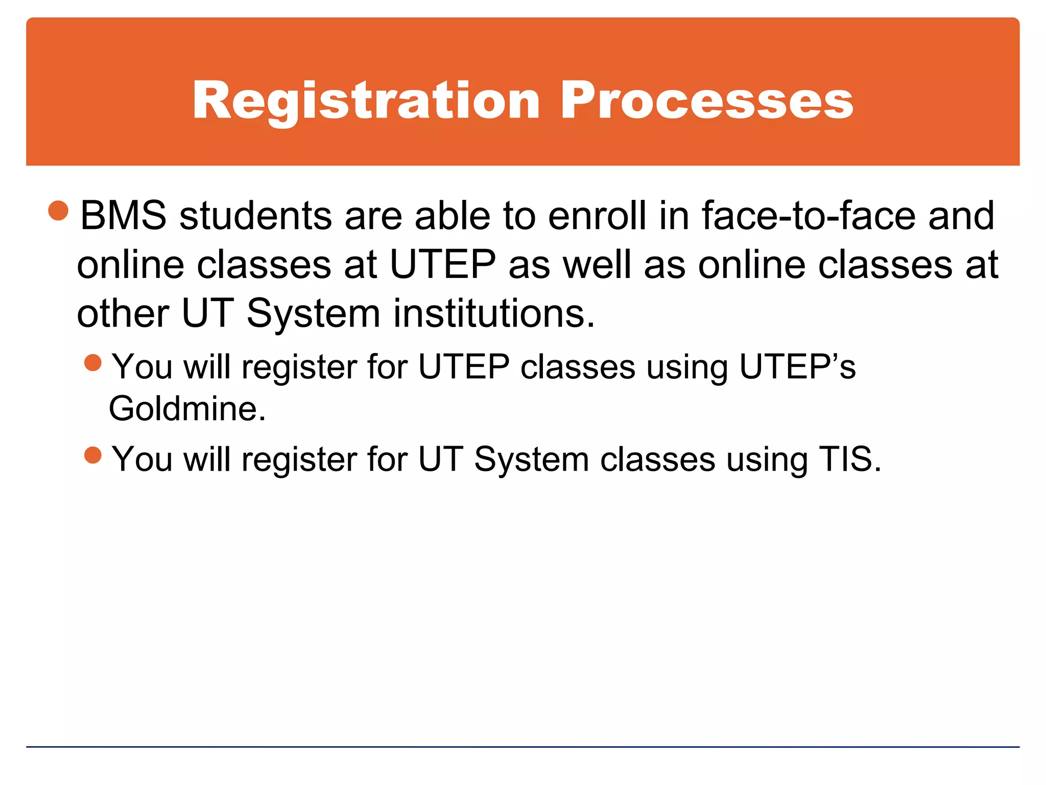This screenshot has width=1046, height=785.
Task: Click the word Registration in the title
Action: (x=366, y=101)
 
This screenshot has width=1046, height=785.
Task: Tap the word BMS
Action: (x=123, y=216)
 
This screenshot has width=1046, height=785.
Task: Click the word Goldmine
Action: (x=187, y=409)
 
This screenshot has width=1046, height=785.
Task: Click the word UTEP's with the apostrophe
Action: (x=797, y=366)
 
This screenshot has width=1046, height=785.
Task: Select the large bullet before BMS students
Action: (x=58, y=211)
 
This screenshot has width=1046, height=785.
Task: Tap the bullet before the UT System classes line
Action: (x=93, y=455)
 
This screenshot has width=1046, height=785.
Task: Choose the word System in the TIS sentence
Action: (x=531, y=459)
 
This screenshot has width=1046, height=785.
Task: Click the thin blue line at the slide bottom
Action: (x=523, y=747)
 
